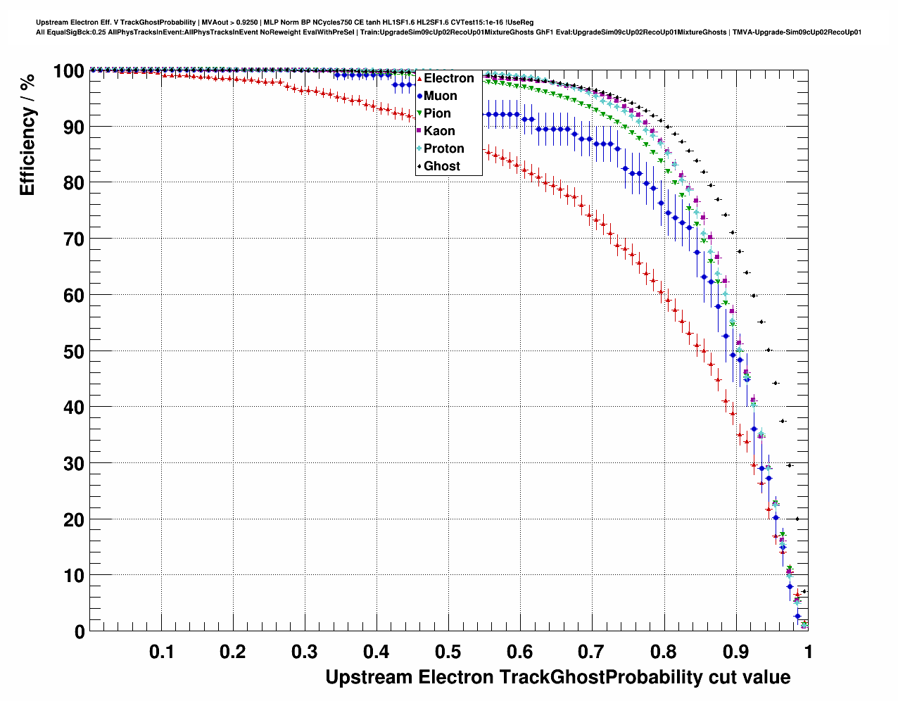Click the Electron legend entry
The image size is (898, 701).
pyautogui.click(x=448, y=78)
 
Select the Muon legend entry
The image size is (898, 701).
pyautogui.click(x=440, y=96)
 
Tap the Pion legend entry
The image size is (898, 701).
pyautogui.click(x=437, y=113)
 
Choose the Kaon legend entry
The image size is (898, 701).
pyautogui.click(x=439, y=131)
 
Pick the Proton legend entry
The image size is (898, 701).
pyautogui.click(x=443, y=149)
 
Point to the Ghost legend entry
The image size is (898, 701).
pyautogui.click(x=441, y=166)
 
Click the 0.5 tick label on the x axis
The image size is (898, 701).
pyautogui.click(x=448, y=651)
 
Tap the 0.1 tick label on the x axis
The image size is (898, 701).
pyautogui.click(x=162, y=651)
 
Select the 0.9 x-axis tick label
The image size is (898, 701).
pyautogui.click(x=735, y=651)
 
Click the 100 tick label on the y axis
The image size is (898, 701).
pyautogui.click(x=68, y=71)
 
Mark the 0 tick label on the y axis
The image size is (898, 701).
pyautogui.click(x=80, y=631)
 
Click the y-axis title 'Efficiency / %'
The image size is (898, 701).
pyautogui.click(x=27, y=134)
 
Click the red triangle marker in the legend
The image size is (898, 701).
pyautogui.click(x=419, y=79)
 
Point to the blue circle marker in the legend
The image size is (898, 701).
pyautogui.click(x=419, y=96)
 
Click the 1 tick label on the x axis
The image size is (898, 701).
pyautogui.click(x=807, y=651)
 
